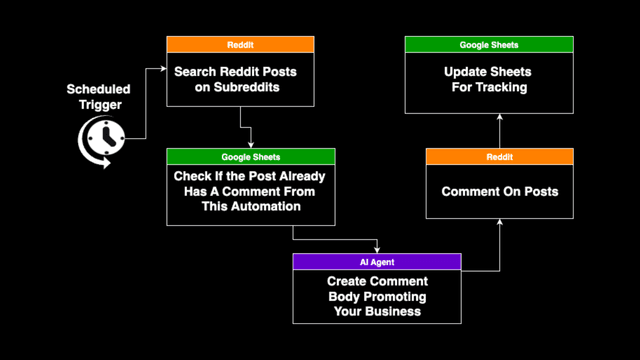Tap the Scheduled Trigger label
click(98, 97)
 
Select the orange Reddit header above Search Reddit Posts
click(240, 45)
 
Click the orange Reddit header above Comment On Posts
click(500, 157)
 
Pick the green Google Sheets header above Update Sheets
click(489, 45)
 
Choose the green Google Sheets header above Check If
click(250, 157)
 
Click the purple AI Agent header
click(377, 261)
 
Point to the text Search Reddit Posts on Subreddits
click(240, 80)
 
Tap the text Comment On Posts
click(500, 191)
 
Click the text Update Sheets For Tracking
click(489, 80)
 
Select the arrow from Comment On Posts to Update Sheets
click(500, 130)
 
